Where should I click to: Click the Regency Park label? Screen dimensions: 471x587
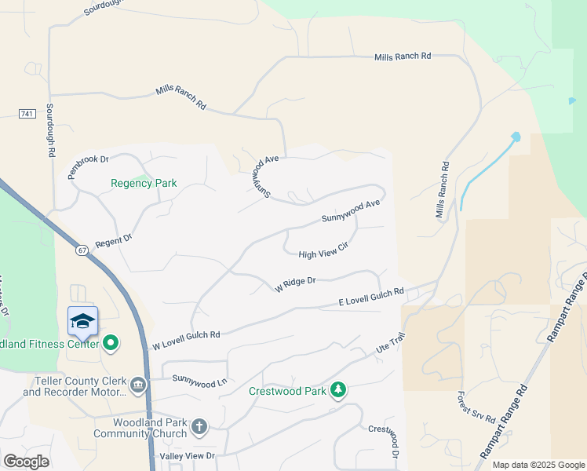click(x=144, y=183)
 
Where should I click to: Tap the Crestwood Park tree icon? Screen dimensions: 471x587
click(x=338, y=389)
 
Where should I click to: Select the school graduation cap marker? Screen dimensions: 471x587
click(x=83, y=321)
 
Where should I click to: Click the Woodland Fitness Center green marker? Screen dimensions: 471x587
click(x=111, y=342)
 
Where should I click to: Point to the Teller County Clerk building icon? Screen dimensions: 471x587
click(x=138, y=384)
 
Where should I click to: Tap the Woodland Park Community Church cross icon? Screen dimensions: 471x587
click(x=199, y=426)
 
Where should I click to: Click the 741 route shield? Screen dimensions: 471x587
click(x=27, y=114)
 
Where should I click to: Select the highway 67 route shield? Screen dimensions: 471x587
click(x=82, y=250)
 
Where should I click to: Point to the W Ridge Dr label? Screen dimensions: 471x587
click(x=295, y=283)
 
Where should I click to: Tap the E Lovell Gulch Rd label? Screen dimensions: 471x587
click(x=371, y=296)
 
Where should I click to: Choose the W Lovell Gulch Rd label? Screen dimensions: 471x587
click(x=186, y=340)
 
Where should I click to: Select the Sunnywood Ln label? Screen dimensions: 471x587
click(x=199, y=382)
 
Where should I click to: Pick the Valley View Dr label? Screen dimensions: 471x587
click(x=187, y=455)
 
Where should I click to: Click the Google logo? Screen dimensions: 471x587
click(x=26, y=462)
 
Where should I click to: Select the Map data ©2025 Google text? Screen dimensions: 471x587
click(x=538, y=465)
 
